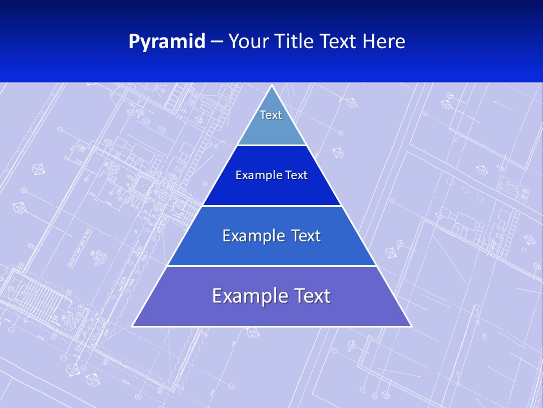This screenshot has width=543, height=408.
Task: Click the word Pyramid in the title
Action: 167,42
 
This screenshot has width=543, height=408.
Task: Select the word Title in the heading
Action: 296,42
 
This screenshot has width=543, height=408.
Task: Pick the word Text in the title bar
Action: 339,42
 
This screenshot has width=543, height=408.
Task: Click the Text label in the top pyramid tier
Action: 271,115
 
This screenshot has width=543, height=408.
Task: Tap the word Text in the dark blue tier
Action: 294,175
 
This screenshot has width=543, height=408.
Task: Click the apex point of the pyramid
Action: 271,86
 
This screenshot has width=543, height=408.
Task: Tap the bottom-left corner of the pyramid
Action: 132,326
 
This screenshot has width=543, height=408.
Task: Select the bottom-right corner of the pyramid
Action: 411,326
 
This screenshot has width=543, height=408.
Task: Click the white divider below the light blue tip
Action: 271,146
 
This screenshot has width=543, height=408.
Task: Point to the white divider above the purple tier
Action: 271,266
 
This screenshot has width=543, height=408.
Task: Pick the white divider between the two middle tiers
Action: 271,206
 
